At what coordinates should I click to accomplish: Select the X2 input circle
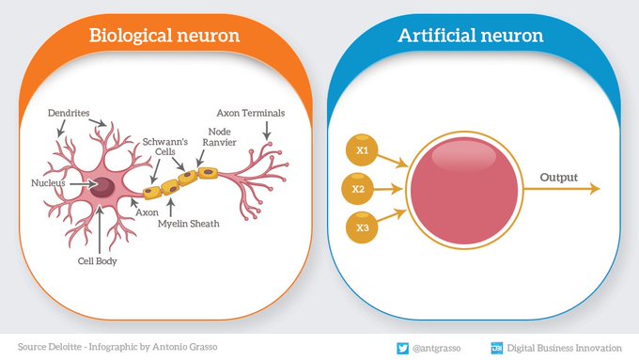[x=358, y=188]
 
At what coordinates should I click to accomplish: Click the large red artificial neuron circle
[x=466, y=188]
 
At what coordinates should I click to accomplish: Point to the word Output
[x=558, y=176]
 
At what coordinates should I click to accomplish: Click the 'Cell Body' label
[x=97, y=261]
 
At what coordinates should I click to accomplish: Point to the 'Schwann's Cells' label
[x=159, y=149]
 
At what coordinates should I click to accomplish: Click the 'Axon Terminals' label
[x=251, y=113]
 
